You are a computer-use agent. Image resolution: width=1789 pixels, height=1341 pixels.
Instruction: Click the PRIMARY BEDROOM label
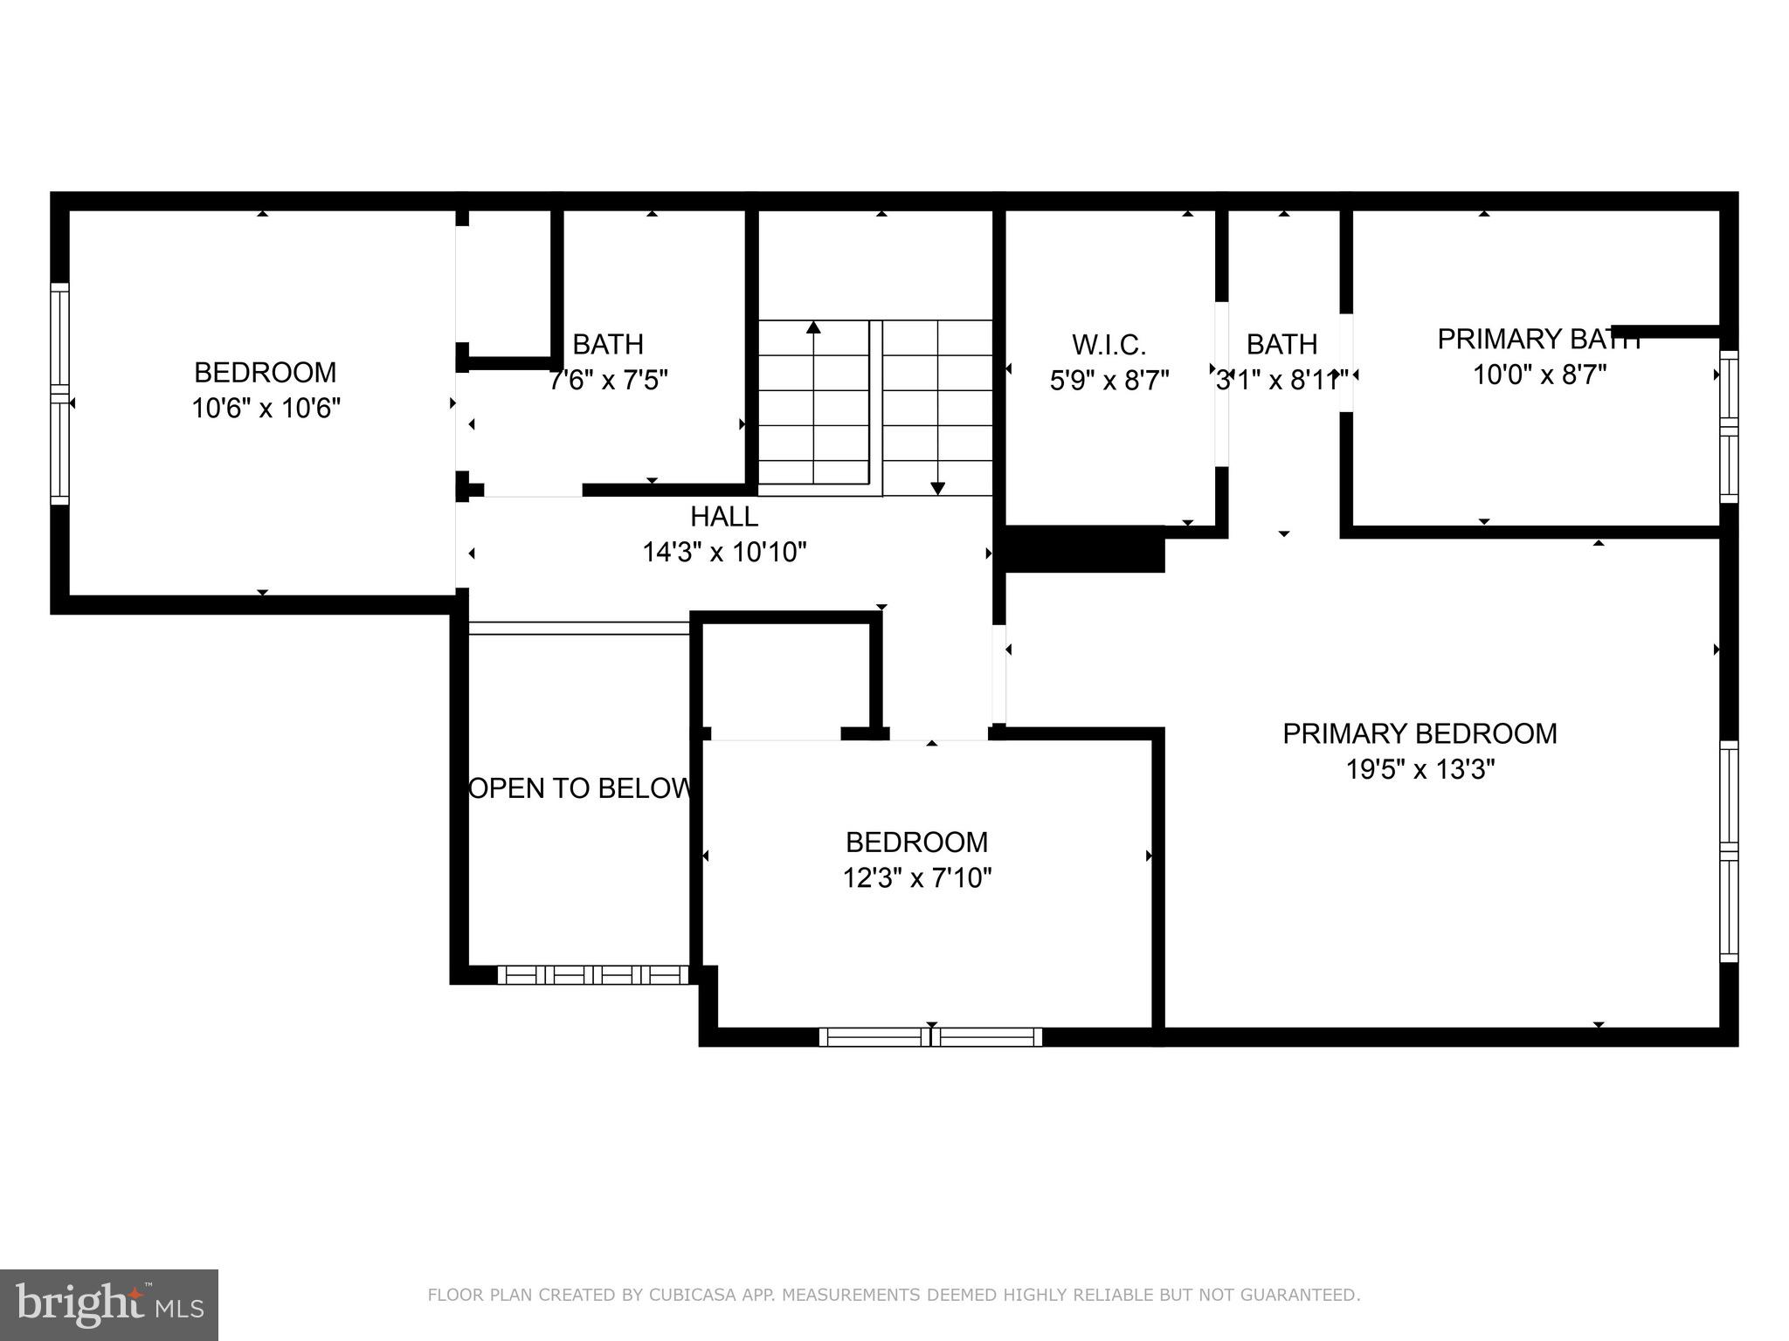1419,733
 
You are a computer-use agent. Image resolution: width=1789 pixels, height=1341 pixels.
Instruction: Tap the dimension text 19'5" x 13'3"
1420,769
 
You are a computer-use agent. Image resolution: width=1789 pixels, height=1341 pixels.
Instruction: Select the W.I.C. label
1109,345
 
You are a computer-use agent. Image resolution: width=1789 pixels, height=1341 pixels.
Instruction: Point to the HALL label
724,517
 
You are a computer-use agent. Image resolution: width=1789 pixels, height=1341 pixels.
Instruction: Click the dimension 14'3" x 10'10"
724,553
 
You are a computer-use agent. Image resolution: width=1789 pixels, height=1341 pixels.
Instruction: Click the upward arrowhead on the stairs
813,327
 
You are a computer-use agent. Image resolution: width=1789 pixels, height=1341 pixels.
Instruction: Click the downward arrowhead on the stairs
937,489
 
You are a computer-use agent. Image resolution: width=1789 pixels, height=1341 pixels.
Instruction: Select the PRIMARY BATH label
1539,339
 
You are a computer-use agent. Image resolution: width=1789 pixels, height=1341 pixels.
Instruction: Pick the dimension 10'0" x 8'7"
1540,375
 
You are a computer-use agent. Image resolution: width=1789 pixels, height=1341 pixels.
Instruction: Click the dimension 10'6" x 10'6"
266,408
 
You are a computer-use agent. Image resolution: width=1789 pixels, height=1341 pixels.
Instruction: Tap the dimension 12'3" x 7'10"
916,877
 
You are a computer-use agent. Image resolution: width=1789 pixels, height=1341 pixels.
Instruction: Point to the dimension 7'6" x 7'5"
608,381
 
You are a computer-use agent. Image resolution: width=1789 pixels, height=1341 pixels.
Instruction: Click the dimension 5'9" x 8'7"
1109,381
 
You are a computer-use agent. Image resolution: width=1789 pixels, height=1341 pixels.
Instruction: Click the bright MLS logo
108,1304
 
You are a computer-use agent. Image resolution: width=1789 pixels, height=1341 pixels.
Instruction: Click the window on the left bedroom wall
59,394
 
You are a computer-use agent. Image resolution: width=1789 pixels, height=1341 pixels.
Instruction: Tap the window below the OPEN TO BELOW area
593,974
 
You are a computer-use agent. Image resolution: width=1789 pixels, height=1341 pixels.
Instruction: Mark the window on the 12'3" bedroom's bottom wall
930,1037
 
